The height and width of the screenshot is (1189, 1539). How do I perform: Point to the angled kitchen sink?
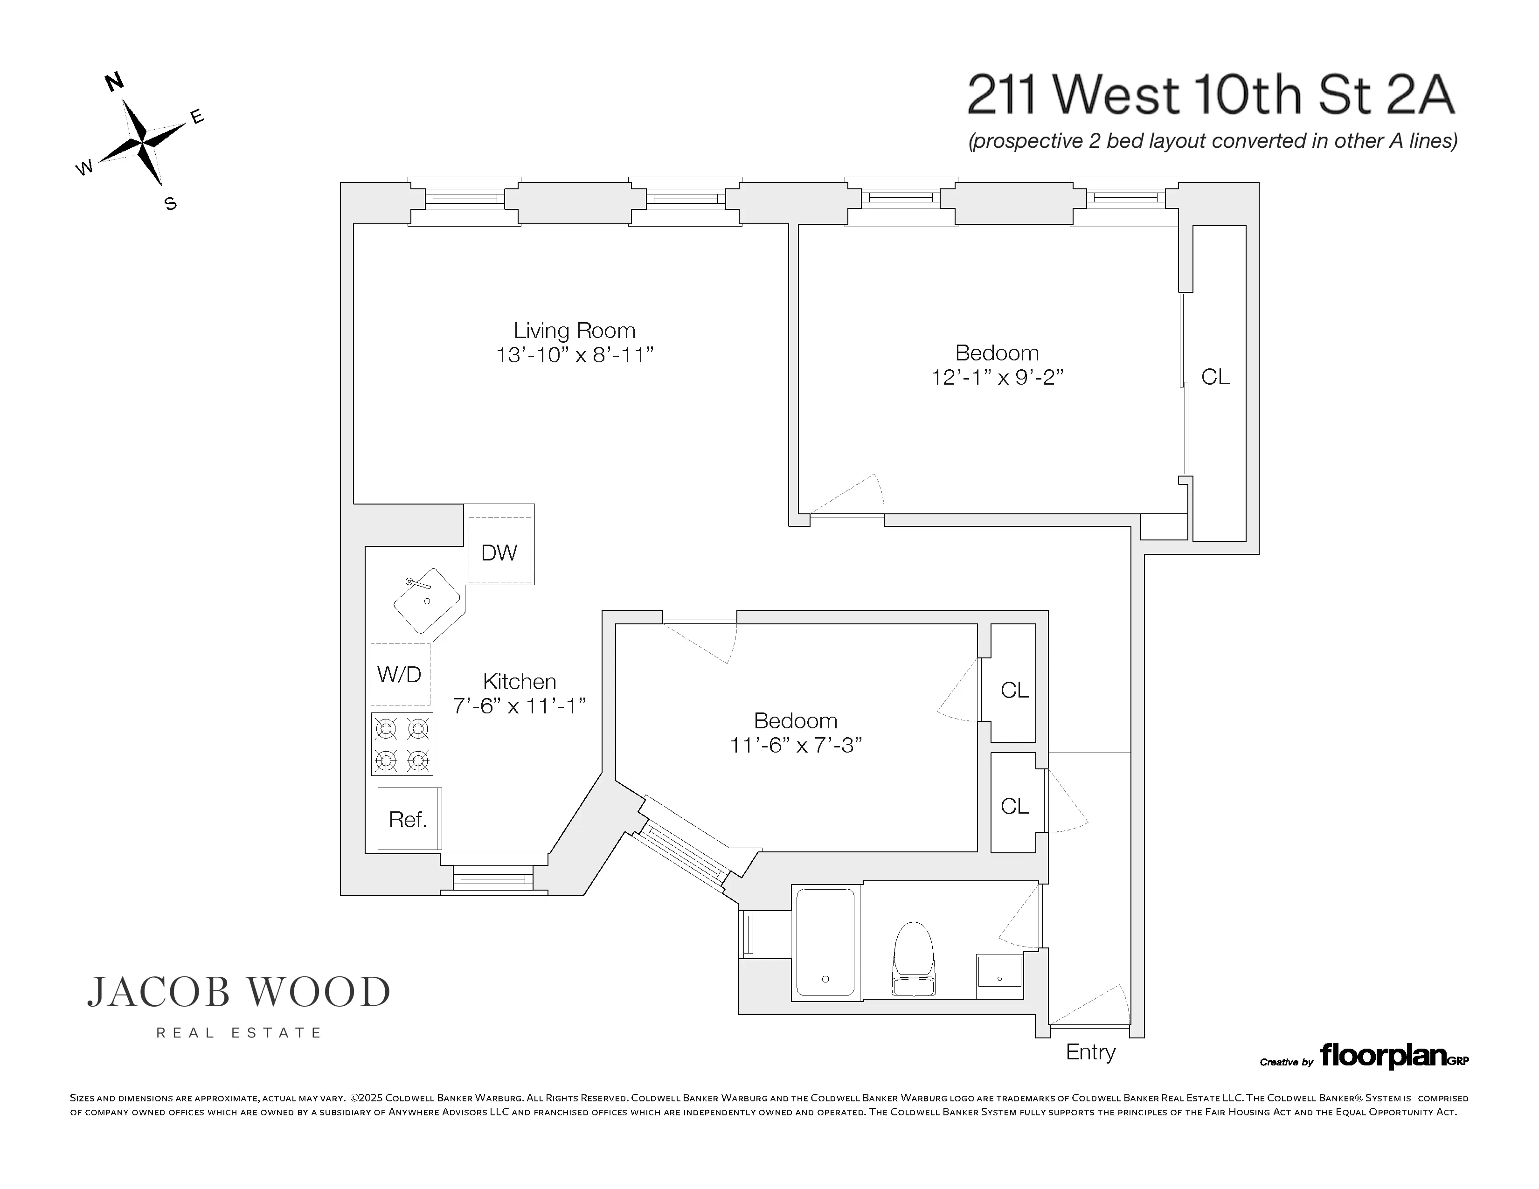pos(426,600)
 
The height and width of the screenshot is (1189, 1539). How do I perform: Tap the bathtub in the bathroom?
pos(825,942)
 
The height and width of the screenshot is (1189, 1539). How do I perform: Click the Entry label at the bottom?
pos(1090,1052)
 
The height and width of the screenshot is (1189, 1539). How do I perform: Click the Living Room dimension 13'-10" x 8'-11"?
pos(575,355)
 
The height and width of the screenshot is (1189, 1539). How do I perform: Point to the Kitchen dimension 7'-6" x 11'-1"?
pos(520,705)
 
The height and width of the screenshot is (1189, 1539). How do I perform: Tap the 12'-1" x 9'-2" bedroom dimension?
pos(997,378)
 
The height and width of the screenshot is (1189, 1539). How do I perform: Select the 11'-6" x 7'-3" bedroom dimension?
pos(796,745)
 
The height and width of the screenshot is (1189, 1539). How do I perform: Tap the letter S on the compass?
pos(170,204)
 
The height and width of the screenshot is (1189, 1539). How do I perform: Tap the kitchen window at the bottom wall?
pos(493,878)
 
